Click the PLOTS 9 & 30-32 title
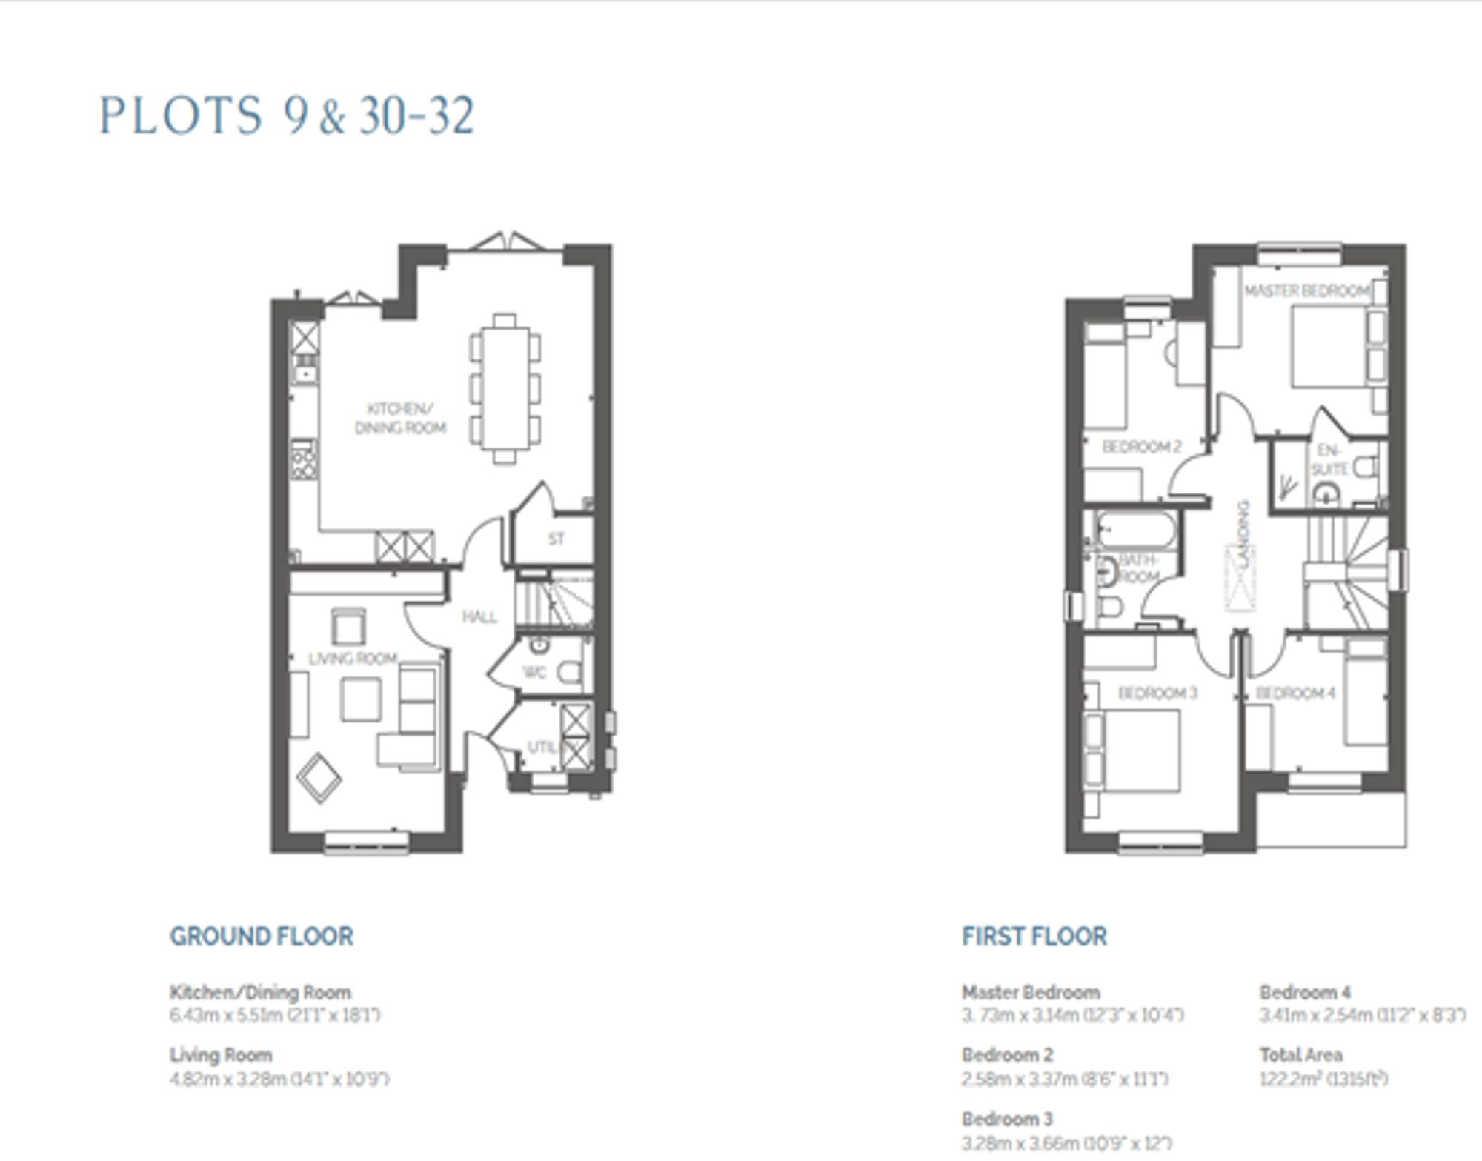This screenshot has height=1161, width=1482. (286, 116)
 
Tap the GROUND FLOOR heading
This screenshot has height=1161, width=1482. (262, 937)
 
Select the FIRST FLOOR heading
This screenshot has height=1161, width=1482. (1034, 937)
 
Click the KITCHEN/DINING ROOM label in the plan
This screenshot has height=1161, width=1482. (400, 419)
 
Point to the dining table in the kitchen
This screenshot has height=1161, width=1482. (505, 388)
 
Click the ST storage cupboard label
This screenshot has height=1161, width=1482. (556, 539)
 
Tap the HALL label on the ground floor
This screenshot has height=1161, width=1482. (479, 617)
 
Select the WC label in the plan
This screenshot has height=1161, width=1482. (534, 673)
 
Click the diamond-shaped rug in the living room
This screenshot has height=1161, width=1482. (319, 778)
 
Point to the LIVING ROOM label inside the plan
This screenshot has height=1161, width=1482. (353, 659)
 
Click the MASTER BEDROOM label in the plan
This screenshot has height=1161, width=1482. (1307, 291)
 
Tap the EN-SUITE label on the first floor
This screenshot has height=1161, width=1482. (1329, 460)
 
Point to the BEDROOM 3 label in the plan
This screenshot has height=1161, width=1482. (1157, 693)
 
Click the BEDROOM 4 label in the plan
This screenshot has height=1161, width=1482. (1295, 693)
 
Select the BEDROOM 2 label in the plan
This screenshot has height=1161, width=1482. (1141, 447)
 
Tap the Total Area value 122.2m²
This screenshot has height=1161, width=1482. (1323, 1079)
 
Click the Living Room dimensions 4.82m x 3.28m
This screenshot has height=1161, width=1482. (279, 1079)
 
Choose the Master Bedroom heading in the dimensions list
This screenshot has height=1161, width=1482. (1031, 992)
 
